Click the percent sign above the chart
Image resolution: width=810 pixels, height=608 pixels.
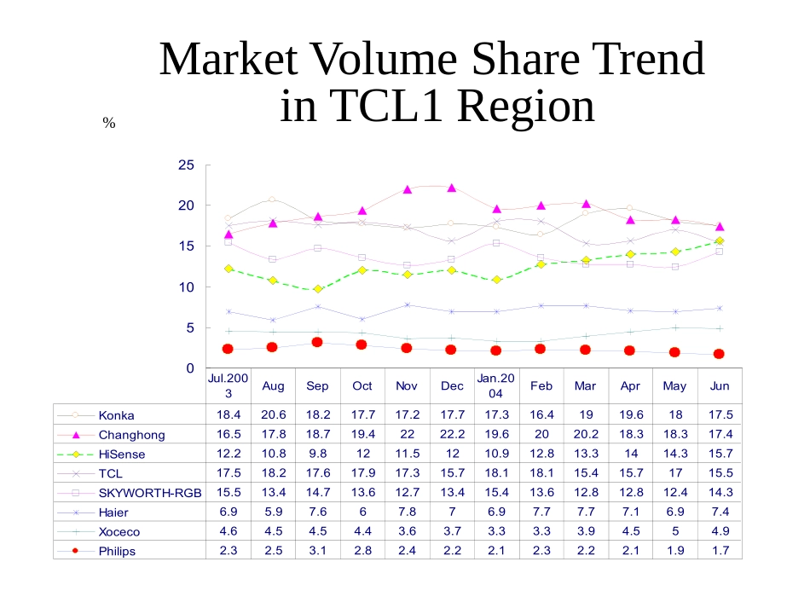click(x=108, y=124)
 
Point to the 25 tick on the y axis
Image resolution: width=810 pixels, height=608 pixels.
click(x=185, y=165)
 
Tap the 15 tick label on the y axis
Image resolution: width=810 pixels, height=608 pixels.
click(x=185, y=246)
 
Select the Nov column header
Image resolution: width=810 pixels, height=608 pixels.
click(x=407, y=385)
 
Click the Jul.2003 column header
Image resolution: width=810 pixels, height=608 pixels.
click(x=229, y=385)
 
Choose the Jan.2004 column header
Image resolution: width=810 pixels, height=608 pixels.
click(x=496, y=385)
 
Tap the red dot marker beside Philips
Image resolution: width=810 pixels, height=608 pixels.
click(x=75, y=550)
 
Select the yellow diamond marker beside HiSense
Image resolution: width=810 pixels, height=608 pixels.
click(x=75, y=455)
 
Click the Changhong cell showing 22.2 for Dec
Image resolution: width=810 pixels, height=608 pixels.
click(x=452, y=434)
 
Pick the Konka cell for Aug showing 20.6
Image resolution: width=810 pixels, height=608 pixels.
click(x=273, y=414)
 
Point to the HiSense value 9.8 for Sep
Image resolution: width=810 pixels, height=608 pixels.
click(x=317, y=454)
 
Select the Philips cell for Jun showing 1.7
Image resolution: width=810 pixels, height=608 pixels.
click(x=720, y=550)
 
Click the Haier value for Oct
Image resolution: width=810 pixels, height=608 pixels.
click(x=362, y=512)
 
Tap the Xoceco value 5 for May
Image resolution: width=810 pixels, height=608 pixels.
click(x=674, y=530)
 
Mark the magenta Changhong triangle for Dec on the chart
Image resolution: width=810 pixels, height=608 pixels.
click(x=452, y=188)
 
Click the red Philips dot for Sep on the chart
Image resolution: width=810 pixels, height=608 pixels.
click(x=317, y=342)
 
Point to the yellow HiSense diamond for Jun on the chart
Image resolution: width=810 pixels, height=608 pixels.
click(x=720, y=241)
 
